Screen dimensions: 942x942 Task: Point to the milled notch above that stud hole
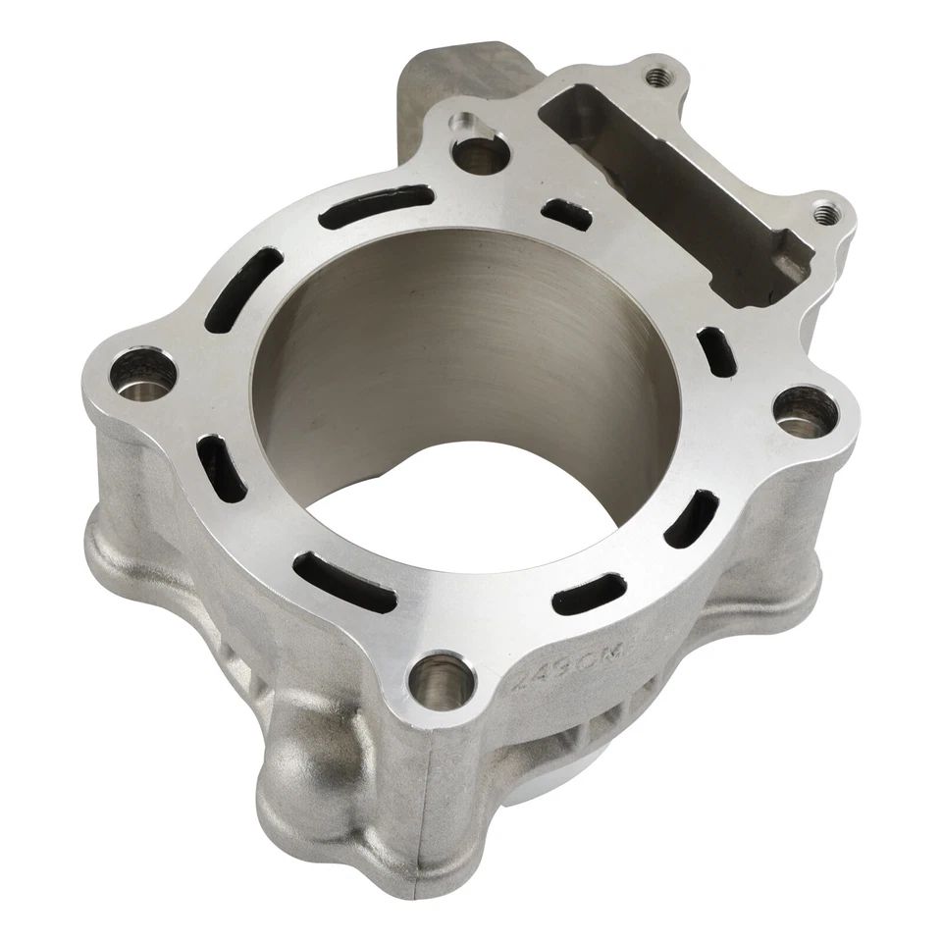(462, 125)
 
